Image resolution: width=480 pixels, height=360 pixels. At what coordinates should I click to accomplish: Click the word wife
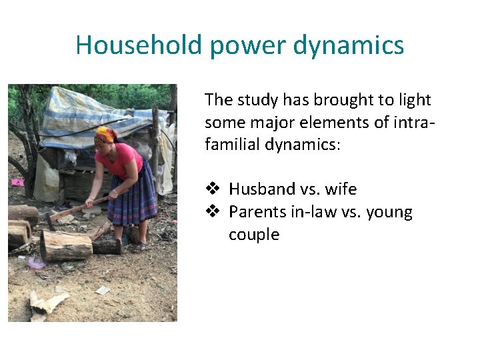pyautogui.click(x=341, y=189)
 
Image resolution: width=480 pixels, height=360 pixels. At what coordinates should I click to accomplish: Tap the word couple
pyautogui.click(x=254, y=235)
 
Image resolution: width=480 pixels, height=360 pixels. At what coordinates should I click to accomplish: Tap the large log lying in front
pyautogui.click(x=66, y=245)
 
